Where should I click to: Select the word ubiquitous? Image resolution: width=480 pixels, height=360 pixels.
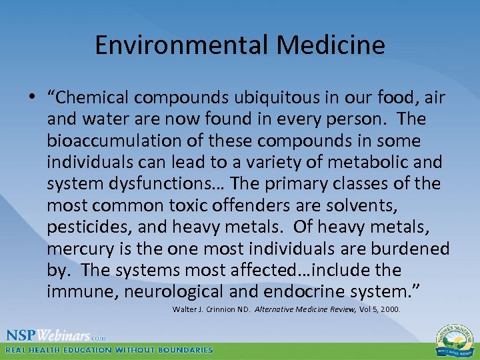(302, 98)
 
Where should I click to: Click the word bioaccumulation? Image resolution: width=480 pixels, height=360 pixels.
(110, 141)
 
